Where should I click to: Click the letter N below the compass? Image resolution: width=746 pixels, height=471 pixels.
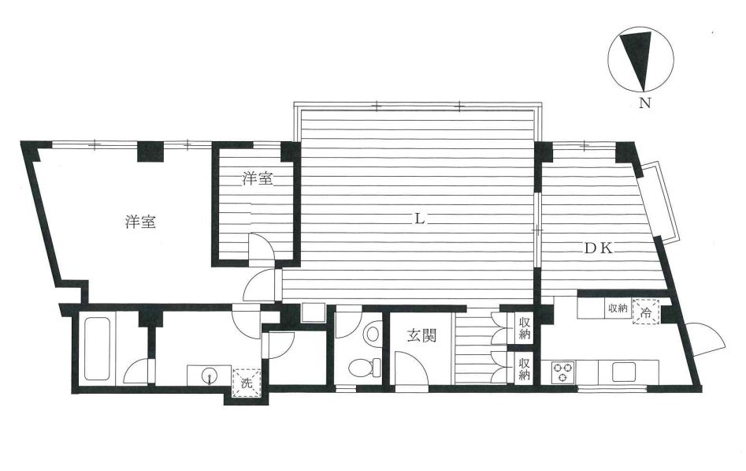(x=644, y=103)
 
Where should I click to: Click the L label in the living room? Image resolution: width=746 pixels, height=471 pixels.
(x=419, y=219)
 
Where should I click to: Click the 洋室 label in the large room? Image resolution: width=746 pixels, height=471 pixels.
(x=141, y=222)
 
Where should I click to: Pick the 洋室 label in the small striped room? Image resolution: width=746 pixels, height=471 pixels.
(x=258, y=179)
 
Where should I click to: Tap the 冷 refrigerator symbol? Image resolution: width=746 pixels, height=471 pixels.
(x=646, y=312)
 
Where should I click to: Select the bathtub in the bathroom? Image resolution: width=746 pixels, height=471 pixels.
(x=97, y=350)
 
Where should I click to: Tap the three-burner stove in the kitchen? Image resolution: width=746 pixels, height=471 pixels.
(x=562, y=372)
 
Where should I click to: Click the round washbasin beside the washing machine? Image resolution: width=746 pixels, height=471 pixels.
(x=209, y=376)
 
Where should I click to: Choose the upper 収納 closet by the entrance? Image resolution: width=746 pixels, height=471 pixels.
(x=525, y=327)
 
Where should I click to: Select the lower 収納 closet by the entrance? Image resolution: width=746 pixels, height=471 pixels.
(x=525, y=368)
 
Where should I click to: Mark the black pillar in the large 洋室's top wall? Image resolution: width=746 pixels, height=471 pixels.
(x=150, y=151)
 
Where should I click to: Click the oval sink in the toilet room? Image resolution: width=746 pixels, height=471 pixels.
(x=372, y=332)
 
